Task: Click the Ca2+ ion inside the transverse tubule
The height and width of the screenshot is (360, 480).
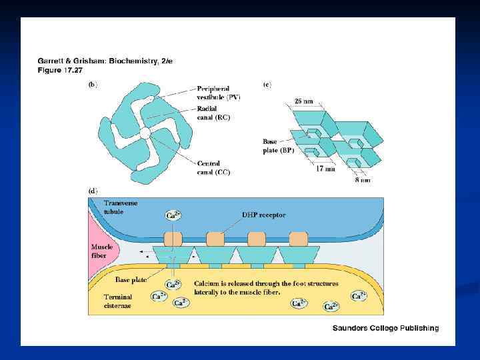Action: (173, 215)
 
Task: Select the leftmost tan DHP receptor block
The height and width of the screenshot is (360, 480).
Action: (173, 239)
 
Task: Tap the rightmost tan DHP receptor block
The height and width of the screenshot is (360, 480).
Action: (298, 239)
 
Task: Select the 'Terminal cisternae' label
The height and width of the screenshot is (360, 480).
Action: (117, 301)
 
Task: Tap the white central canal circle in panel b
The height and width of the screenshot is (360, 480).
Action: (145, 134)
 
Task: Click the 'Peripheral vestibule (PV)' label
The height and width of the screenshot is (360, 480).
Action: (218, 93)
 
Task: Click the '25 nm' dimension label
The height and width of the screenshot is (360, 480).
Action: (304, 101)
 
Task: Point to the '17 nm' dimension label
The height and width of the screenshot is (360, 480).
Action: (325, 169)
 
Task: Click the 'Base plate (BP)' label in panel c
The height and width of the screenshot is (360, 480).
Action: (277, 145)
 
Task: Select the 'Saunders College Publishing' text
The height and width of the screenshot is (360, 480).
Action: (386, 328)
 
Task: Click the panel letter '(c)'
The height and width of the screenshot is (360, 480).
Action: (267, 85)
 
